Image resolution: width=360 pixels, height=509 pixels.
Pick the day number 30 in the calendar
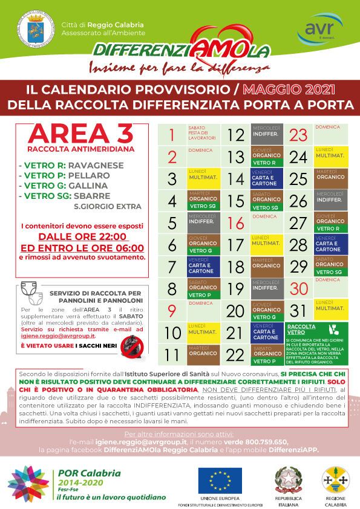298,289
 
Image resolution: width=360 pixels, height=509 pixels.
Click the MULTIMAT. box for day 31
330,311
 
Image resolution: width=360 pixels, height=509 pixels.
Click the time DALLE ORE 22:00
82,236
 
